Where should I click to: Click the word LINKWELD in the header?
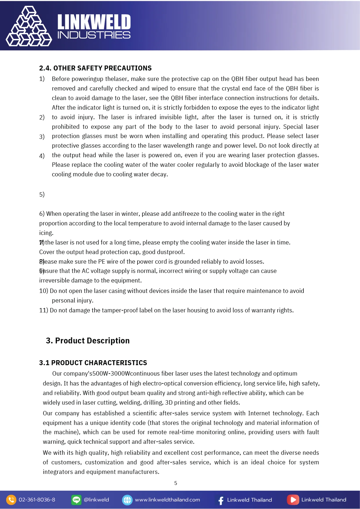[x=94, y=22]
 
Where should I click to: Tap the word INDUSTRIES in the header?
[x=94, y=35]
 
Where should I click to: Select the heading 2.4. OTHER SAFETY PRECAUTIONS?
[x=95, y=68]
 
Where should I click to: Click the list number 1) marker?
[x=42, y=79]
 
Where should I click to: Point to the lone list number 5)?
[x=42, y=194]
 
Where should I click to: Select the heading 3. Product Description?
[x=88, y=340]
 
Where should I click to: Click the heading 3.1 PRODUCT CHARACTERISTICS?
[x=93, y=363]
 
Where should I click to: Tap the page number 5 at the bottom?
[x=176, y=483]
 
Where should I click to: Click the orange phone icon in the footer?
[x=11, y=500]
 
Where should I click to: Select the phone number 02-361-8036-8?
[x=37, y=500]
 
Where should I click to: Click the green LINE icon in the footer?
[x=76, y=500]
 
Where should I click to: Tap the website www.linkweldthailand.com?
[x=167, y=500]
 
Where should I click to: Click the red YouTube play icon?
[x=293, y=500]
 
